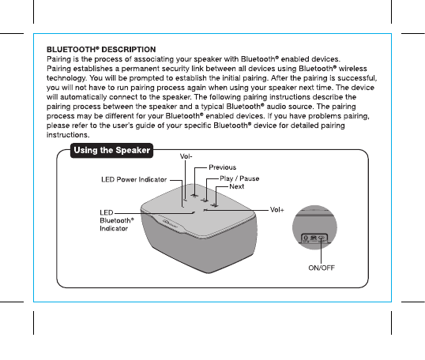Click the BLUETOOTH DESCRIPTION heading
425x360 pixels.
click(x=101, y=50)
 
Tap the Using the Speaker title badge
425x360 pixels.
click(x=111, y=150)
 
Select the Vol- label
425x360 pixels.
click(x=186, y=156)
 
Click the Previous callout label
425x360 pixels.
click(x=222, y=167)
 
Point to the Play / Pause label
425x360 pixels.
click(x=239, y=178)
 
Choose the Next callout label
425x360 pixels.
click(x=237, y=186)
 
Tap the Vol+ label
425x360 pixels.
click(x=277, y=210)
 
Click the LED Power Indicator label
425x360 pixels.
click(x=134, y=179)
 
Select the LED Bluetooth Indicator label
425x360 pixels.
click(x=117, y=220)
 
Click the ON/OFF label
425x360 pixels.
click(x=322, y=268)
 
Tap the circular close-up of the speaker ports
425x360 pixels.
click(x=314, y=227)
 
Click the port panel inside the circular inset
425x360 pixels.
click(x=314, y=238)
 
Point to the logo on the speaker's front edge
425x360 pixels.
click(x=170, y=223)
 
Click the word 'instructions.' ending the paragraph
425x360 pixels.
click(x=68, y=135)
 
